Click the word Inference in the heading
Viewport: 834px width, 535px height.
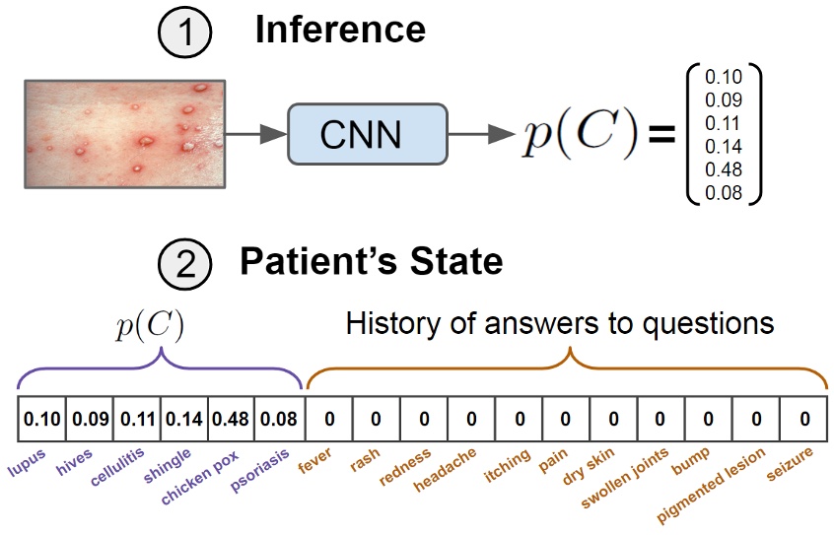tap(340, 31)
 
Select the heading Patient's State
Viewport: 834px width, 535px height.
tap(372, 262)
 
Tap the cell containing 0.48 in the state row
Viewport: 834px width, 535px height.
tap(231, 420)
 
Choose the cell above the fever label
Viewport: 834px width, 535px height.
tap(329, 420)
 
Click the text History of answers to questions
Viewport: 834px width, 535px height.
tap(560, 323)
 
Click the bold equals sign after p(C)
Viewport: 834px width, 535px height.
tap(660, 135)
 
